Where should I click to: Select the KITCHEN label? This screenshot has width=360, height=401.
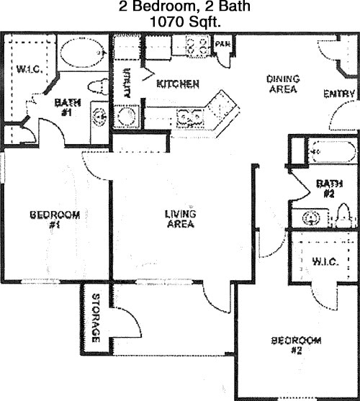coord(178,84)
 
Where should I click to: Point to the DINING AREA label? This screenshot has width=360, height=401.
coord(283,84)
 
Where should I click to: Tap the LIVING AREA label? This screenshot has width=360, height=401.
coord(181,218)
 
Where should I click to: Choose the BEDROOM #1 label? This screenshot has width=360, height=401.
coord(54,219)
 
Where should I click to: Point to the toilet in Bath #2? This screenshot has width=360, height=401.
coord(343,216)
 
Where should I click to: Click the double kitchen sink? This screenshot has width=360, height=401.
coord(191,115)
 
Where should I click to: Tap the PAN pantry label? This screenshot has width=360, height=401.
coord(222,44)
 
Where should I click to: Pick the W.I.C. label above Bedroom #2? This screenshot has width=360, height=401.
coord(325,261)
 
